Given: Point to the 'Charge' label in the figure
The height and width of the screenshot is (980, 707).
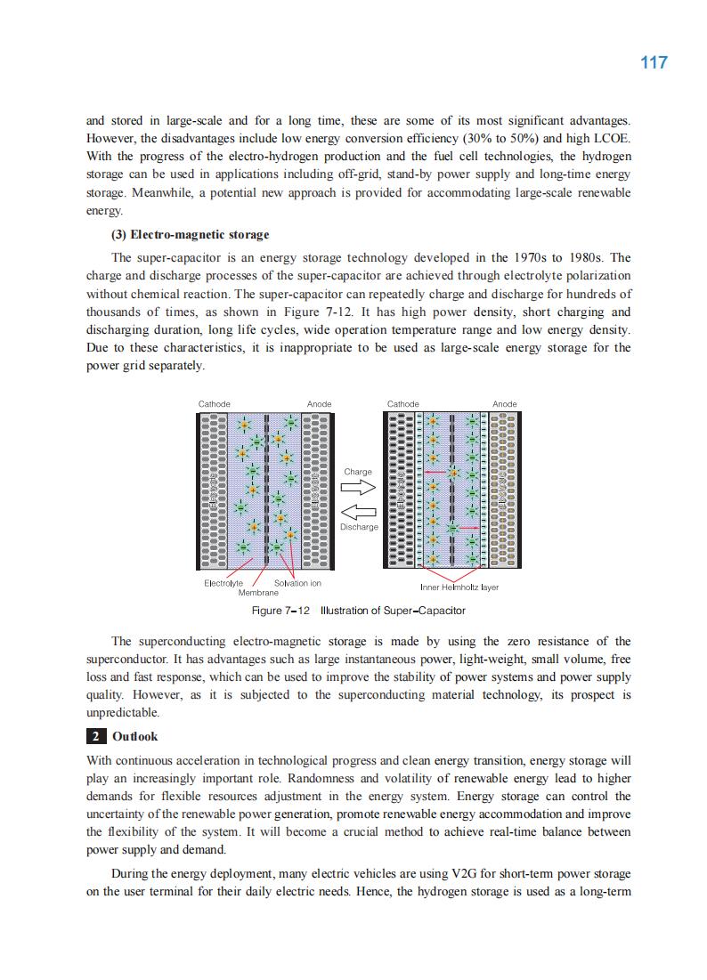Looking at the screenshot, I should point(358,472).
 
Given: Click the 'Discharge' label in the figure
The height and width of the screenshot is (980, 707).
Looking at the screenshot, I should point(359,527).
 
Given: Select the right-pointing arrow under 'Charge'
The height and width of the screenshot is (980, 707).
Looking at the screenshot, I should point(359,487).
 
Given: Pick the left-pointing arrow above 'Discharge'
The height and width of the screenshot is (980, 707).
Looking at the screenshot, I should point(359,512).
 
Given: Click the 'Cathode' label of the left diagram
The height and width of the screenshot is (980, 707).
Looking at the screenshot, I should point(214,404).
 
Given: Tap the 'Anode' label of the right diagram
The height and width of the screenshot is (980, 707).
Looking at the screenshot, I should point(504,404).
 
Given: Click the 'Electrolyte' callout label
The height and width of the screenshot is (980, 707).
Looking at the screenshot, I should point(223,583).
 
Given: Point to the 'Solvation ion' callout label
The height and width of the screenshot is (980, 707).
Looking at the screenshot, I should point(297,583).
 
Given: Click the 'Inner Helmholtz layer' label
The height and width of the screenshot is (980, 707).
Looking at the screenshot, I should point(459,587).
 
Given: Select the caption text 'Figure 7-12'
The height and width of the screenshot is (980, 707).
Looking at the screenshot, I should point(280,611).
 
